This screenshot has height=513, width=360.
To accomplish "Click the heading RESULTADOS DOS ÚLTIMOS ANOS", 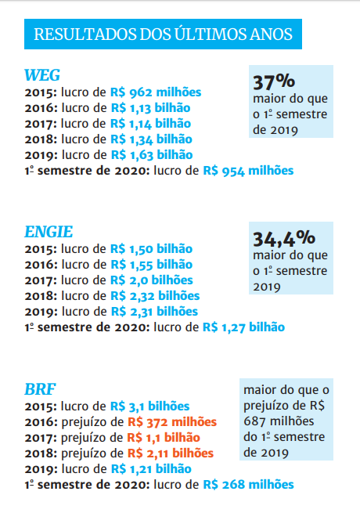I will coord(164,34).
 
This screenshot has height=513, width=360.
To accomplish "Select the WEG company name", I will coord(42,75).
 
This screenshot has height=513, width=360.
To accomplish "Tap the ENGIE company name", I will coord(49,231).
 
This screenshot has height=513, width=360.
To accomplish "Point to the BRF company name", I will coord(40,389).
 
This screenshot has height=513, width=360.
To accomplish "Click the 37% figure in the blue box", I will coord(273,81).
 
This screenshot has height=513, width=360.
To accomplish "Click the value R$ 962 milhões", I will coord(156,92).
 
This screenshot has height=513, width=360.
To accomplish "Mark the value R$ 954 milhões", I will coord(248,170).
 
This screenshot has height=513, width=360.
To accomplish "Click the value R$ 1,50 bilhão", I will coord(151,248).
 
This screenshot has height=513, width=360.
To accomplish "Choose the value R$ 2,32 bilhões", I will coord(155,295).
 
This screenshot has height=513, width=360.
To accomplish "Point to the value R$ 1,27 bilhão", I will coord(243,327).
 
